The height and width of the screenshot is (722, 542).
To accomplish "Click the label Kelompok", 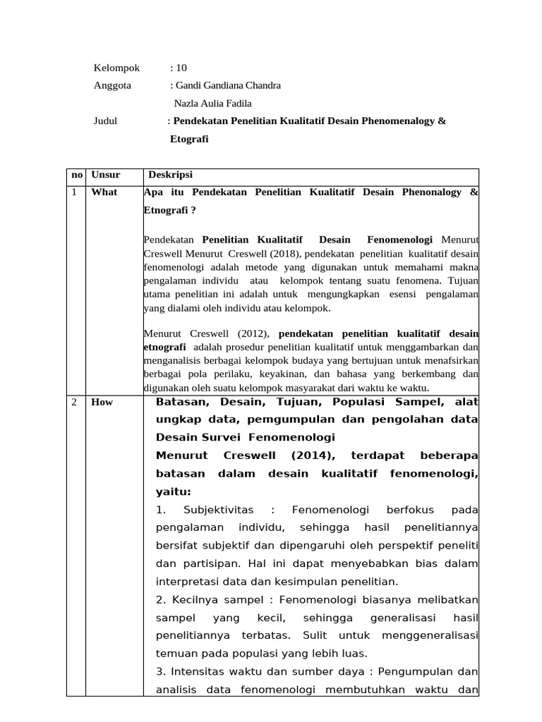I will click(x=116, y=68).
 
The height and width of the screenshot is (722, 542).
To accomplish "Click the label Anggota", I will click(x=113, y=85).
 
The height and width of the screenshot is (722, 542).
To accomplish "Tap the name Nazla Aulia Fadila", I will click(x=212, y=103).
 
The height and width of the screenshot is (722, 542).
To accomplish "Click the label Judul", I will click(x=105, y=121).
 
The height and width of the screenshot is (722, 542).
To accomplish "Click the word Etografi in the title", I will click(x=189, y=140).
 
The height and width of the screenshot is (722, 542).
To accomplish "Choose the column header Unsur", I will click(x=106, y=176).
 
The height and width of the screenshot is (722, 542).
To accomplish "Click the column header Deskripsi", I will click(x=170, y=176).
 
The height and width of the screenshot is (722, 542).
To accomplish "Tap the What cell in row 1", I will click(x=104, y=192).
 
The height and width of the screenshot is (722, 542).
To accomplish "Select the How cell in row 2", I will click(x=102, y=403).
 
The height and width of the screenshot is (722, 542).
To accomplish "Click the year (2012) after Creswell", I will click(x=252, y=334).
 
